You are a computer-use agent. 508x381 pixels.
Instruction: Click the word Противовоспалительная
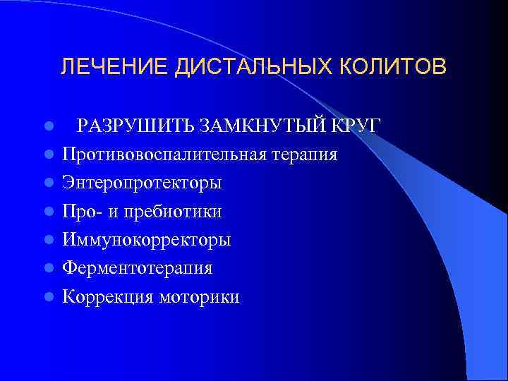point(163,154)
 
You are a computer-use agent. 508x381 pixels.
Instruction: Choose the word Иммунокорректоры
point(146,240)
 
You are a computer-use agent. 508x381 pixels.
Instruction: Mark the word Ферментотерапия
point(138,268)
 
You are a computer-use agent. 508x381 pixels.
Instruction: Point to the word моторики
point(198,297)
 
